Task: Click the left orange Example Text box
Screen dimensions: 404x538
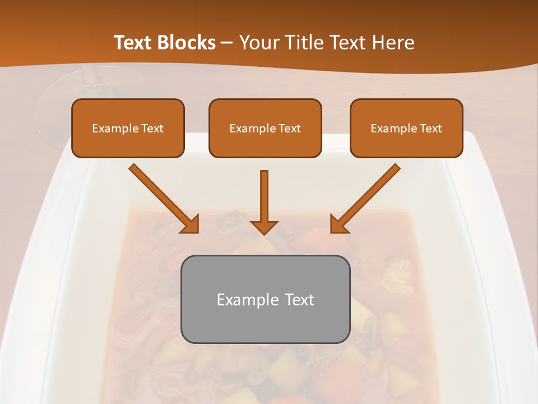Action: tap(128, 128)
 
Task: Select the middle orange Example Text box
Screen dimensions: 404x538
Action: tap(265, 128)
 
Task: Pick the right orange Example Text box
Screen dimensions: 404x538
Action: tap(406, 128)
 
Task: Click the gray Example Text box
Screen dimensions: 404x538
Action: tap(265, 300)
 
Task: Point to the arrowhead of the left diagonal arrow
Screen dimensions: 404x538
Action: tap(191, 225)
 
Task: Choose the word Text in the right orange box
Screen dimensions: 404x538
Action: tap(430, 128)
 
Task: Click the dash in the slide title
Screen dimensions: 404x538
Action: tap(227, 43)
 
